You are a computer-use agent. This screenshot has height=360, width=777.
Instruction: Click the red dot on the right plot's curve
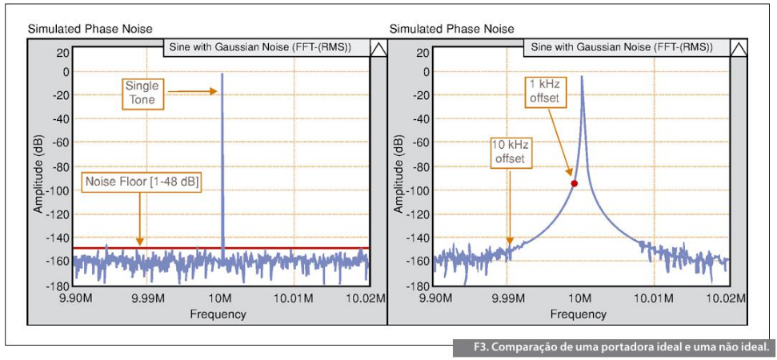click(x=574, y=183)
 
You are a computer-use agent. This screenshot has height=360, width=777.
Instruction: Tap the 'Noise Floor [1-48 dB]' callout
click(x=141, y=182)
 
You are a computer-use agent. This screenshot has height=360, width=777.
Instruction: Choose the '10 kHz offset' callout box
click(x=509, y=152)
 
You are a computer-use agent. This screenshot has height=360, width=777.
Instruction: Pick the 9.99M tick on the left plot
click(x=148, y=298)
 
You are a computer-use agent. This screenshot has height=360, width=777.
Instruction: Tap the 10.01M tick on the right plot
click(x=654, y=298)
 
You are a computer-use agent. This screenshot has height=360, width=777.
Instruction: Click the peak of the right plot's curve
click(x=582, y=77)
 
